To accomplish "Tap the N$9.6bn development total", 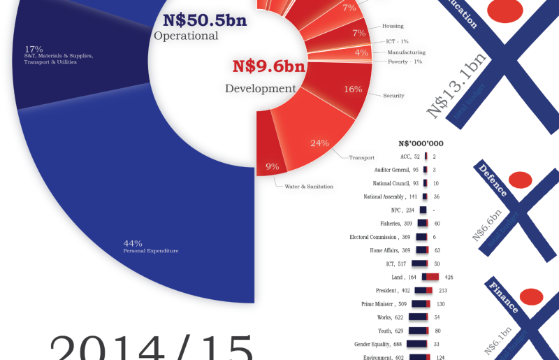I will pos(268,67).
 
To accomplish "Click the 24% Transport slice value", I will pos(319,143).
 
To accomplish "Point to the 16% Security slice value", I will pos(353,89).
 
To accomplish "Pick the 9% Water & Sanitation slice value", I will pos(273,166).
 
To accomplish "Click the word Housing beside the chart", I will pos(393,26).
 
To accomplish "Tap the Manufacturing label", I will pos(407,52).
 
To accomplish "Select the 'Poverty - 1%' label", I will pos(405,62).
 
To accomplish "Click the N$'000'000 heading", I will pos(421,143).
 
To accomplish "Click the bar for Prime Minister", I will pos(421,303).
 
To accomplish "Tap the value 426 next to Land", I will pos(449,278).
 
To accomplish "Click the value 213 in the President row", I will pos(442,290).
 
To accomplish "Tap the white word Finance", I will pos(504,296).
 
